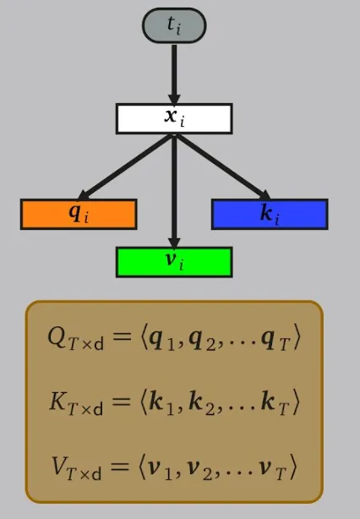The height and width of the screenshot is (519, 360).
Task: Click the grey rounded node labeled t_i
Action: (x=174, y=25)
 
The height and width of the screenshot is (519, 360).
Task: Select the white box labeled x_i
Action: (x=174, y=118)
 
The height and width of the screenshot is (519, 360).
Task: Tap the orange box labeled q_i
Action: (x=79, y=214)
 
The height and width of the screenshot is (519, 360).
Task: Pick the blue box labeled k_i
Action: (x=270, y=214)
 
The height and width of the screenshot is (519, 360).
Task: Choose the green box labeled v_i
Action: (x=174, y=262)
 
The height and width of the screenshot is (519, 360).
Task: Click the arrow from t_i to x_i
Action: (x=174, y=74)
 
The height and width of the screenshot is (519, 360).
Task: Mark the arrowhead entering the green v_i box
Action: (x=174, y=242)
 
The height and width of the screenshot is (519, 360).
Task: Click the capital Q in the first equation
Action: (x=57, y=336)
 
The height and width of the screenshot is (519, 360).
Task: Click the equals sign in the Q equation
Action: (x=120, y=337)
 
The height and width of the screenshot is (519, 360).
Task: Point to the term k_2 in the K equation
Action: (x=201, y=403)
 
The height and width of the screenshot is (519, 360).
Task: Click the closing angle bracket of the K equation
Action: (x=295, y=402)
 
